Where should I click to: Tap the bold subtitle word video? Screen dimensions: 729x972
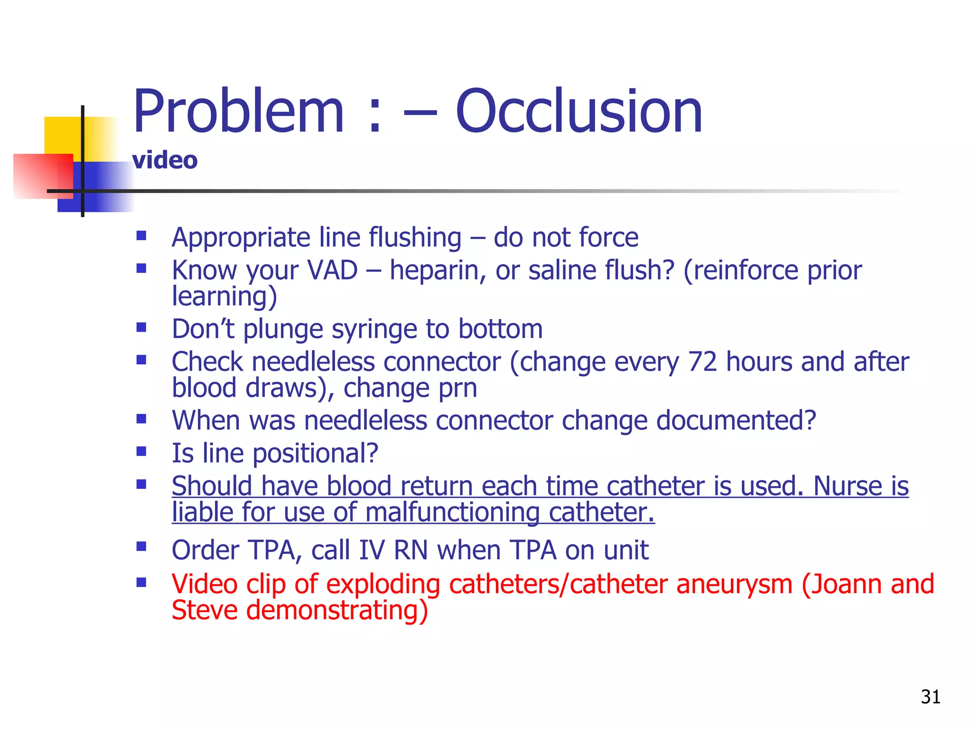(x=165, y=160)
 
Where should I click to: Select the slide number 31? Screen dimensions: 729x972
(x=930, y=697)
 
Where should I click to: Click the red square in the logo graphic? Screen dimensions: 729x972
(x=40, y=176)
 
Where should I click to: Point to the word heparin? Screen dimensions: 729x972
(x=437, y=271)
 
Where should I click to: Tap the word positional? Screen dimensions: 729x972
(x=315, y=453)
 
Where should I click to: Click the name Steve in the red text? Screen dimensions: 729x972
(x=204, y=610)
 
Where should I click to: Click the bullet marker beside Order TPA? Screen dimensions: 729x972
(x=141, y=547)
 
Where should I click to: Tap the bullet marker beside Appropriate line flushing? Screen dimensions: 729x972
(x=141, y=236)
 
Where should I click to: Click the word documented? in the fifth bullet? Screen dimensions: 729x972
(x=736, y=421)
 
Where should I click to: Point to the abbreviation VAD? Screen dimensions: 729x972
(x=332, y=271)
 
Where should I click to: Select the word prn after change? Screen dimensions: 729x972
(x=458, y=388)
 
